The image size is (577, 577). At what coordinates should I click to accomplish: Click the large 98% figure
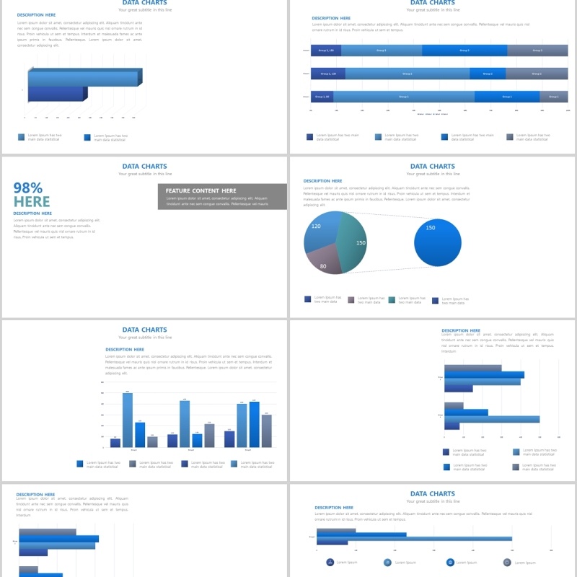pos(28,188)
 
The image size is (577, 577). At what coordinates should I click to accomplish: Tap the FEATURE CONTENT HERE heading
pos(201,191)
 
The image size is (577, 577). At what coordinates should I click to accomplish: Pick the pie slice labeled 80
pos(324,261)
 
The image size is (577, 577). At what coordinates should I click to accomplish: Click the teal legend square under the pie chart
pos(392,299)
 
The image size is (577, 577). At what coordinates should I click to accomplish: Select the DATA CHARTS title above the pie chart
pos(433,166)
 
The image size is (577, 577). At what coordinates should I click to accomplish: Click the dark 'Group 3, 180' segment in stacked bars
pos(326,50)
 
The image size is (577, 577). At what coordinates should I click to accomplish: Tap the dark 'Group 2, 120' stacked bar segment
pos(328,74)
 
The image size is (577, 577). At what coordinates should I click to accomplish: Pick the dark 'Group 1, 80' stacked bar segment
pos(322,97)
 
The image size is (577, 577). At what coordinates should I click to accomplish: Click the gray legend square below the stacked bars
pos(510,136)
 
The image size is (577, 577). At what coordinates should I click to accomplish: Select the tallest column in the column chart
pos(128,420)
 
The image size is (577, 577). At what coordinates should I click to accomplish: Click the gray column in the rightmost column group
pos(266,431)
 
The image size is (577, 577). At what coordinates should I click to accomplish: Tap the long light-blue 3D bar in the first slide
pos(83,78)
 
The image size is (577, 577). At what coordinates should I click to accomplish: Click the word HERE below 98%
pos(32,202)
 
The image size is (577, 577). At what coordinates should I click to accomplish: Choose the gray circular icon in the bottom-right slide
pos(507,562)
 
